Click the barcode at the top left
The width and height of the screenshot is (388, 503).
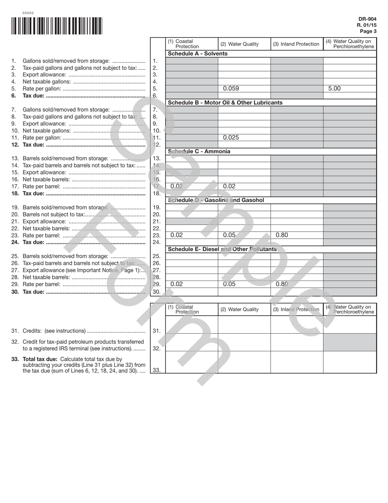tap(57, 26)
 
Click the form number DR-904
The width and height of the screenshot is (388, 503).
tap(367, 19)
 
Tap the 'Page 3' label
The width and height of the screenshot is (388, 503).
tap(368, 31)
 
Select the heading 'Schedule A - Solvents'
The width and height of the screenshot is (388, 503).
tap(198, 54)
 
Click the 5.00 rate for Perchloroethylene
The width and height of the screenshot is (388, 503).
tap(334, 88)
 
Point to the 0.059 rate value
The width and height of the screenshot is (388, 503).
tap(231, 88)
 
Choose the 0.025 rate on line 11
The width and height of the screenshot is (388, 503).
tap(231, 137)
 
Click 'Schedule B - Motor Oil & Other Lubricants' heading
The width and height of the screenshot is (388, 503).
tap(225, 103)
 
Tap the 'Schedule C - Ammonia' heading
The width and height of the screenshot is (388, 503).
tap(199, 151)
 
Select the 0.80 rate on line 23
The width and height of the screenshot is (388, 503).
tap(282, 235)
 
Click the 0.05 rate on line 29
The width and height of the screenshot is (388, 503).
tap(229, 284)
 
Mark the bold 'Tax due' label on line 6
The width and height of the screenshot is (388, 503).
tap(33, 96)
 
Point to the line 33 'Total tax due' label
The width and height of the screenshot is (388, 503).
tap(40, 359)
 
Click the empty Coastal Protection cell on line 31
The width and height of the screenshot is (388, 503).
tap(192, 325)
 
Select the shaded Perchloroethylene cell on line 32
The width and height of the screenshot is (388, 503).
tap(350, 342)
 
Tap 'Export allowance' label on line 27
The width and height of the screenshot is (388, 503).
tap(44, 270)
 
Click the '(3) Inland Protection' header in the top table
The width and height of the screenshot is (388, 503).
tap(296, 44)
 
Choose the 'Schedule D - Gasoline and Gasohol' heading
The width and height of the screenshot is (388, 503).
tap(216, 200)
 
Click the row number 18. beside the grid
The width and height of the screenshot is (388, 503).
tap(156, 193)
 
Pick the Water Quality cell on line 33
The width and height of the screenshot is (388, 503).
tap(244, 362)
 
